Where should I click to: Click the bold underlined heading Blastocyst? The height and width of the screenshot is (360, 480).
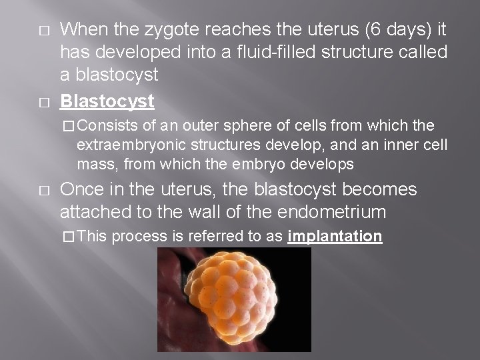point(107,101)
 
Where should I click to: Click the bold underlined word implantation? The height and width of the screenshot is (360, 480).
point(335,237)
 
